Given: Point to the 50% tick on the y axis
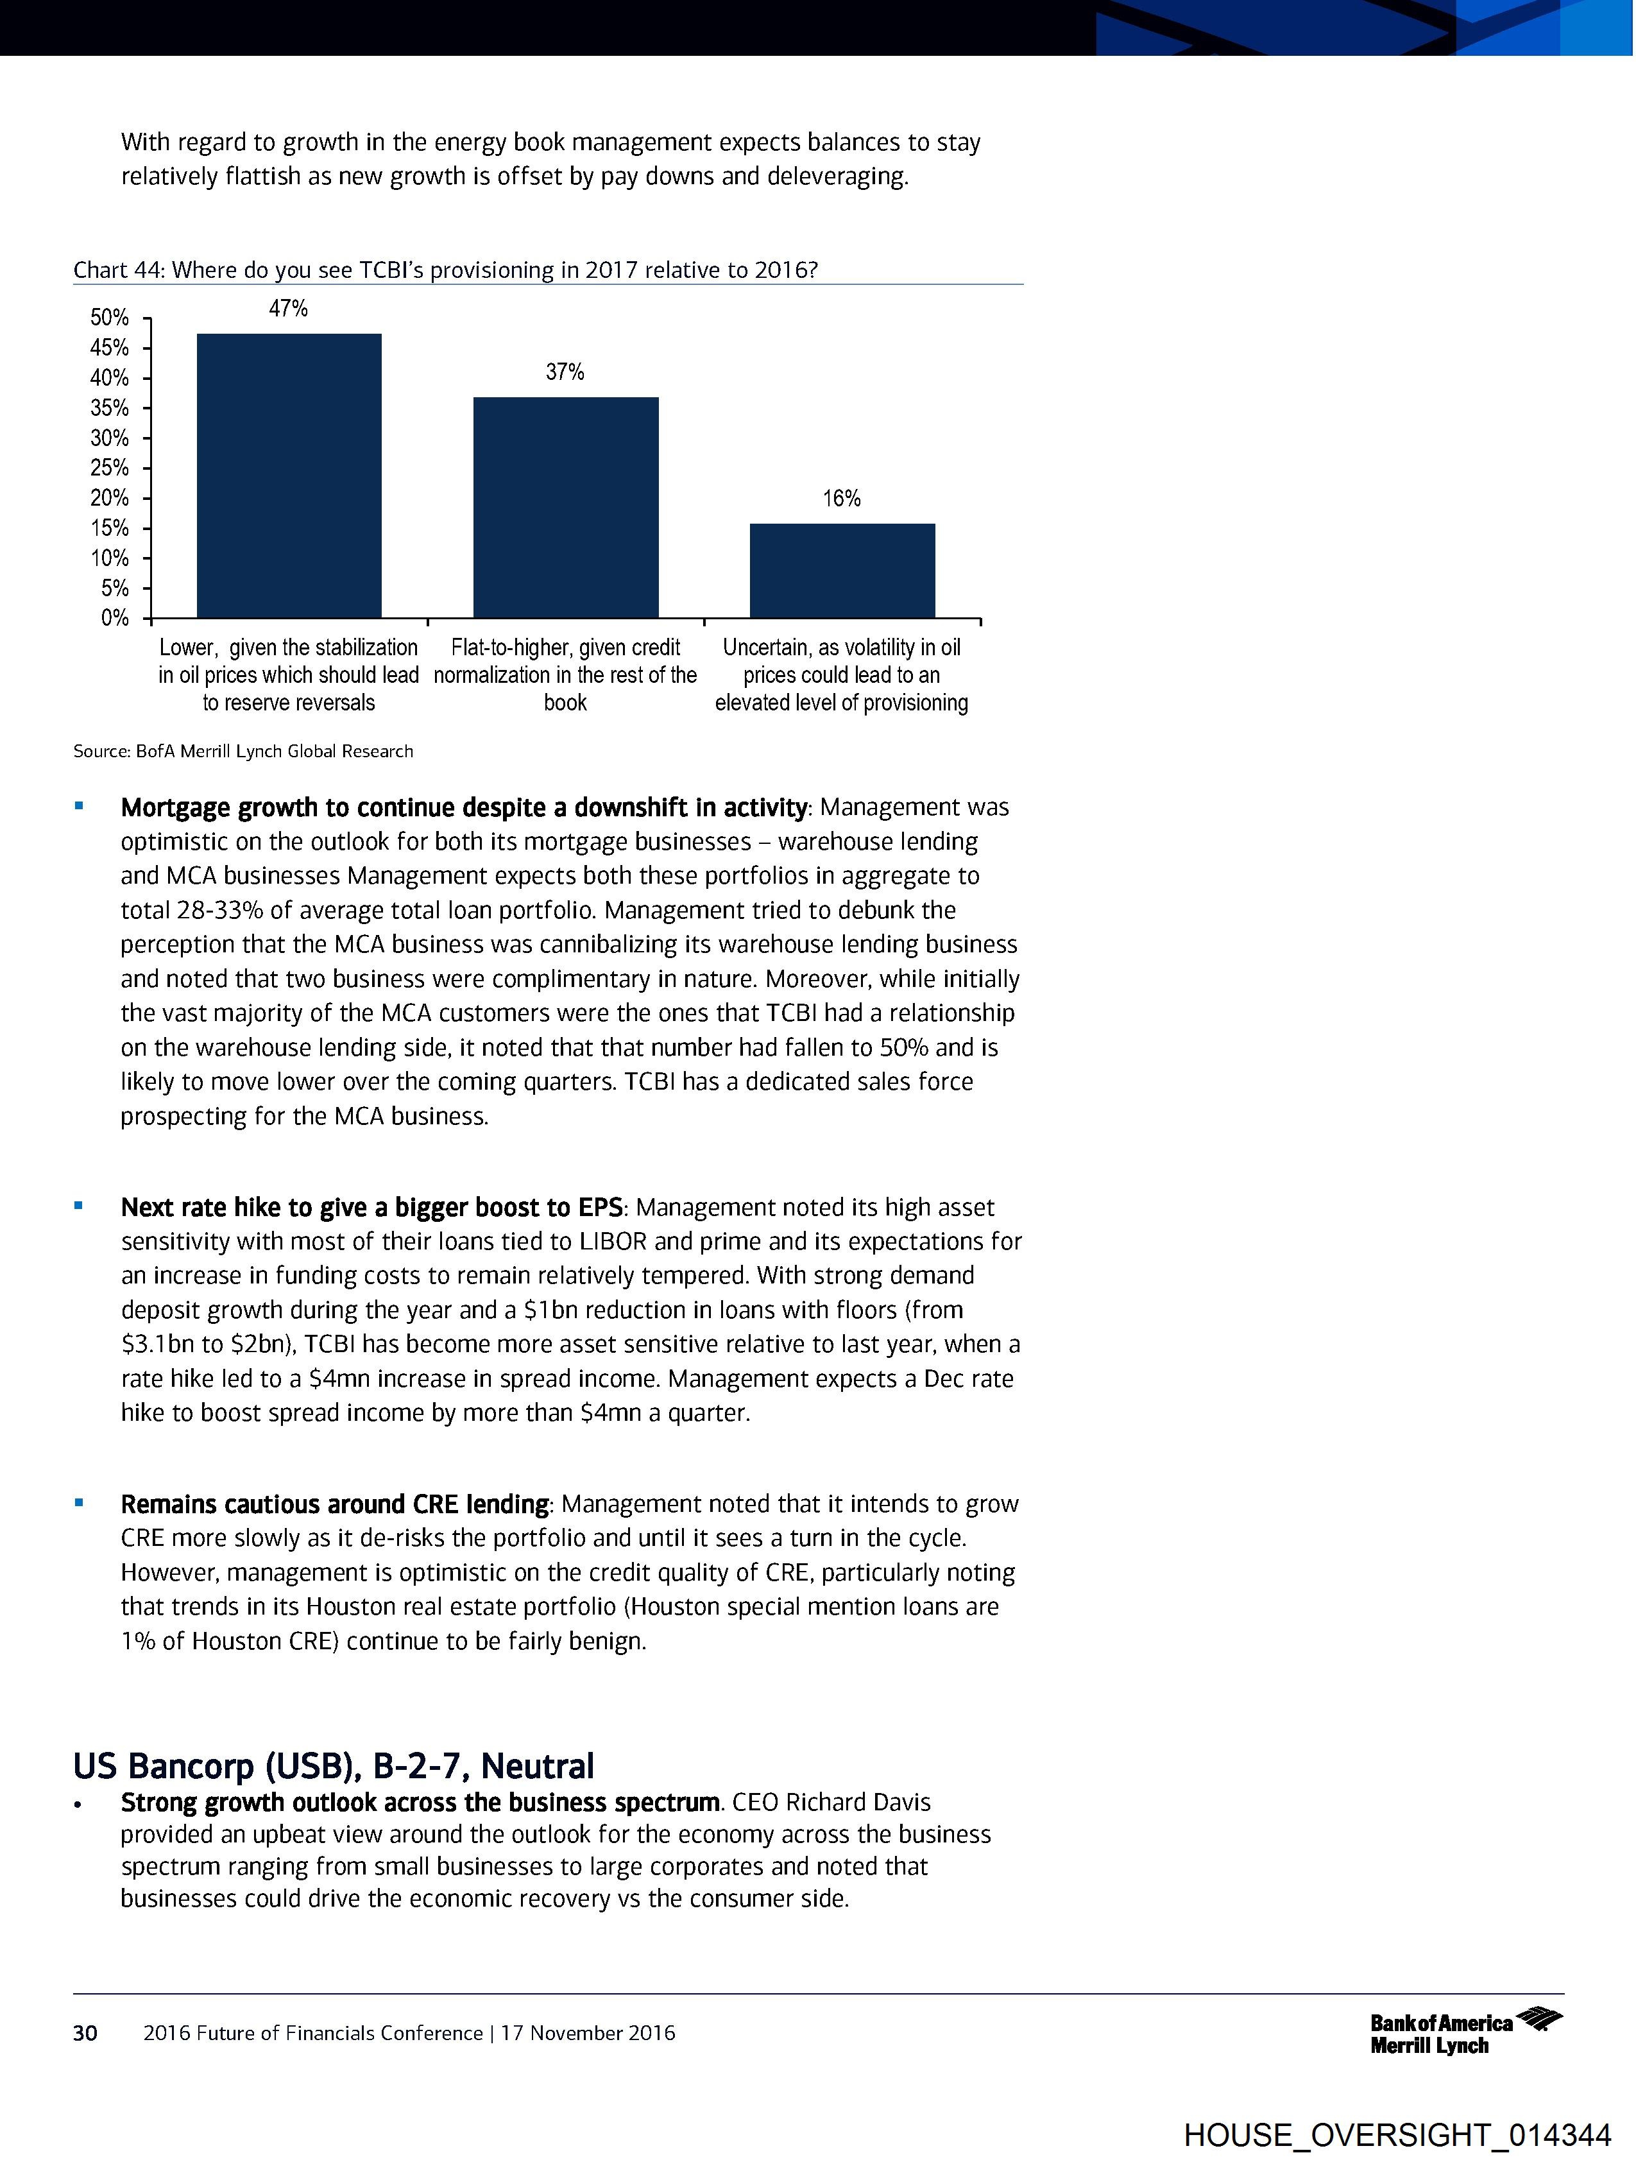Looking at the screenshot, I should pos(110,318).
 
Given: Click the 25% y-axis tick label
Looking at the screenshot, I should pos(110,468).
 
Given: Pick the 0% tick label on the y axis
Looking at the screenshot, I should pos(114,618).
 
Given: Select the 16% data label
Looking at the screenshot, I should pos(842,499).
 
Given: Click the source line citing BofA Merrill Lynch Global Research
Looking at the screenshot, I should pos(243,751).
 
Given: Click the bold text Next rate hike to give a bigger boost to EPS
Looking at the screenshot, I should pos(371,1207).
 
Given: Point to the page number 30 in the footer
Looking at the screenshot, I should pos(85,2033).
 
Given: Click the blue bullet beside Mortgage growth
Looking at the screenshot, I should pos(79,807).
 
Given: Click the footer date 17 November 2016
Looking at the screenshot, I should pos(588,2033).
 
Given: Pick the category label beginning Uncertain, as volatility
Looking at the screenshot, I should pos(842,674).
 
